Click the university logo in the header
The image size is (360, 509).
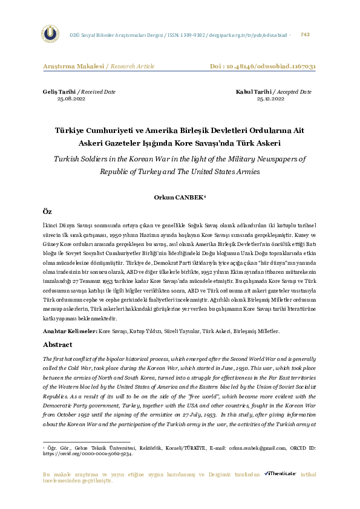pyautogui.click(x=50, y=34)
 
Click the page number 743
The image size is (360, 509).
pyautogui.click(x=305, y=34)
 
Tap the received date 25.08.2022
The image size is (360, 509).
pyautogui.click(x=71, y=98)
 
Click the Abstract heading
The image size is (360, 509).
pyautogui.click(x=58, y=345)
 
